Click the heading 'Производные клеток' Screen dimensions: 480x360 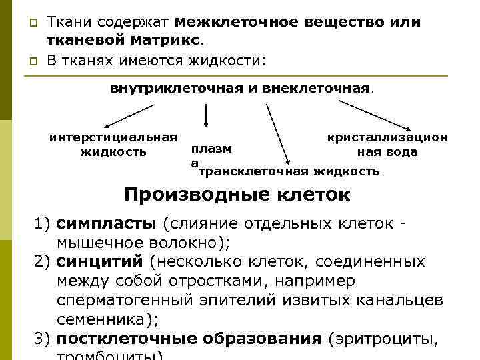(x=237, y=195)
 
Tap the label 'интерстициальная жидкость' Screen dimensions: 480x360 (x=113, y=145)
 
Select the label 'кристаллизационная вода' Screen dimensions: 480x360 (x=387, y=145)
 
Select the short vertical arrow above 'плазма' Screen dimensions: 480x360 (x=207, y=114)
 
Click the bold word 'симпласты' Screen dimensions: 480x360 (x=106, y=222)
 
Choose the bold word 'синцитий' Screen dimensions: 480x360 (x=100, y=261)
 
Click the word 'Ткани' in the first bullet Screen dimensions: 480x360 (x=67, y=22)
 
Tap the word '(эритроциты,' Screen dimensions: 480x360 (x=384, y=338)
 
